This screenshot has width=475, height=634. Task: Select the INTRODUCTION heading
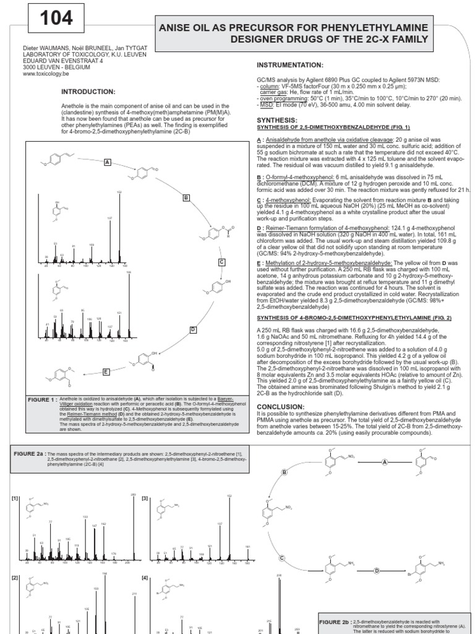point(88,92)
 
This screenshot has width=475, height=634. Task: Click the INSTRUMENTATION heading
point(289,65)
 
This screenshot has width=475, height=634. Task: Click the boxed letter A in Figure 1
point(107,162)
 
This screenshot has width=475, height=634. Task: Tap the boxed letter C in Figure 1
point(220,262)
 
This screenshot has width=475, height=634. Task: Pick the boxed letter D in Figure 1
point(193,329)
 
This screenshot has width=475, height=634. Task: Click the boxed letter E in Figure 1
point(106,371)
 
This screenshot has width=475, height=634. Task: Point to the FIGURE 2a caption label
point(31,454)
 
